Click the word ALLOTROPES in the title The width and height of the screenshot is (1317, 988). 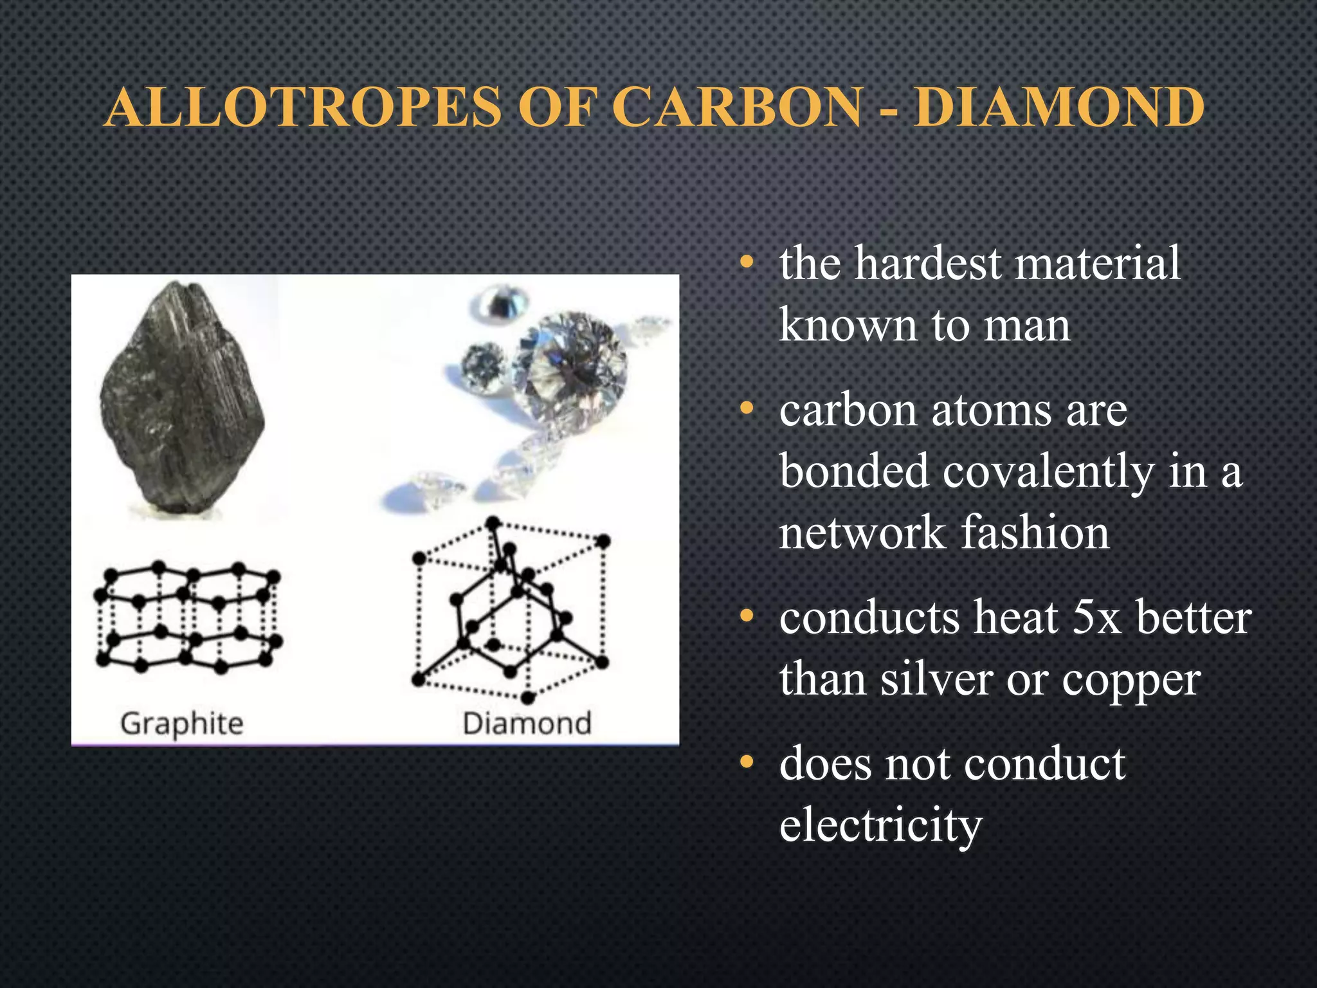tap(303, 107)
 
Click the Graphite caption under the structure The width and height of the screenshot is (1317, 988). tap(182, 724)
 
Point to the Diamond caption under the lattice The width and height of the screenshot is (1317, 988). tap(527, 724)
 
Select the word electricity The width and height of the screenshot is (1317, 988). tap(880, 825)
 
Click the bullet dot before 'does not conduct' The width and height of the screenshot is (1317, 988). tap(746, 763)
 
